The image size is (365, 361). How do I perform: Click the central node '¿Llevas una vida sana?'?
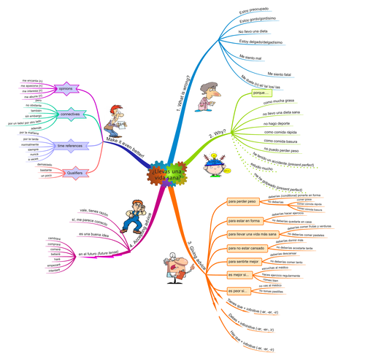169,174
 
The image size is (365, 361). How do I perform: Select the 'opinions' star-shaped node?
64,88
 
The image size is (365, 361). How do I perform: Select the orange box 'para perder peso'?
242,201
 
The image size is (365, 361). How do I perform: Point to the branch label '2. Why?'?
217,136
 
